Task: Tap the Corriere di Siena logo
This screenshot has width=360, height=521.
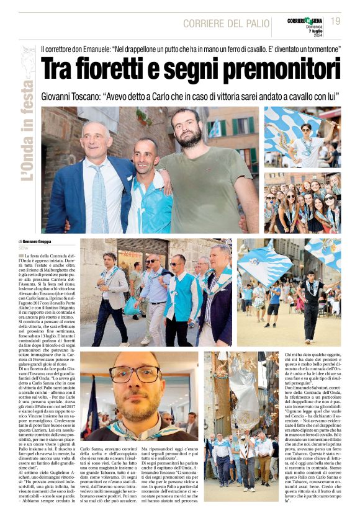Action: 305,21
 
